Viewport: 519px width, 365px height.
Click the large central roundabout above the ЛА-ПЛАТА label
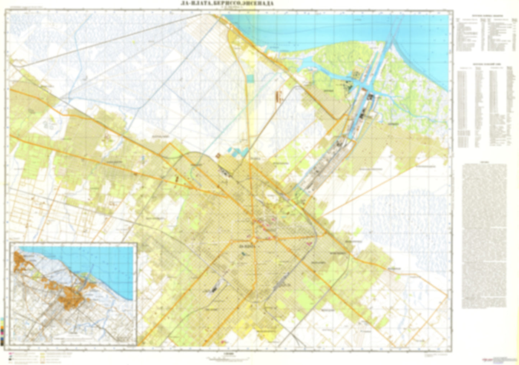(254, 239)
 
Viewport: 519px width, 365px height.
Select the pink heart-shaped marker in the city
(308, 243)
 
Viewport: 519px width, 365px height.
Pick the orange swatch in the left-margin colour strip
(3, 326)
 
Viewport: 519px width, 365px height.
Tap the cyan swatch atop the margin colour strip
(3, 318)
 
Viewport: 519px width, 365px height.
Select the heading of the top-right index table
(485, 16)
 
